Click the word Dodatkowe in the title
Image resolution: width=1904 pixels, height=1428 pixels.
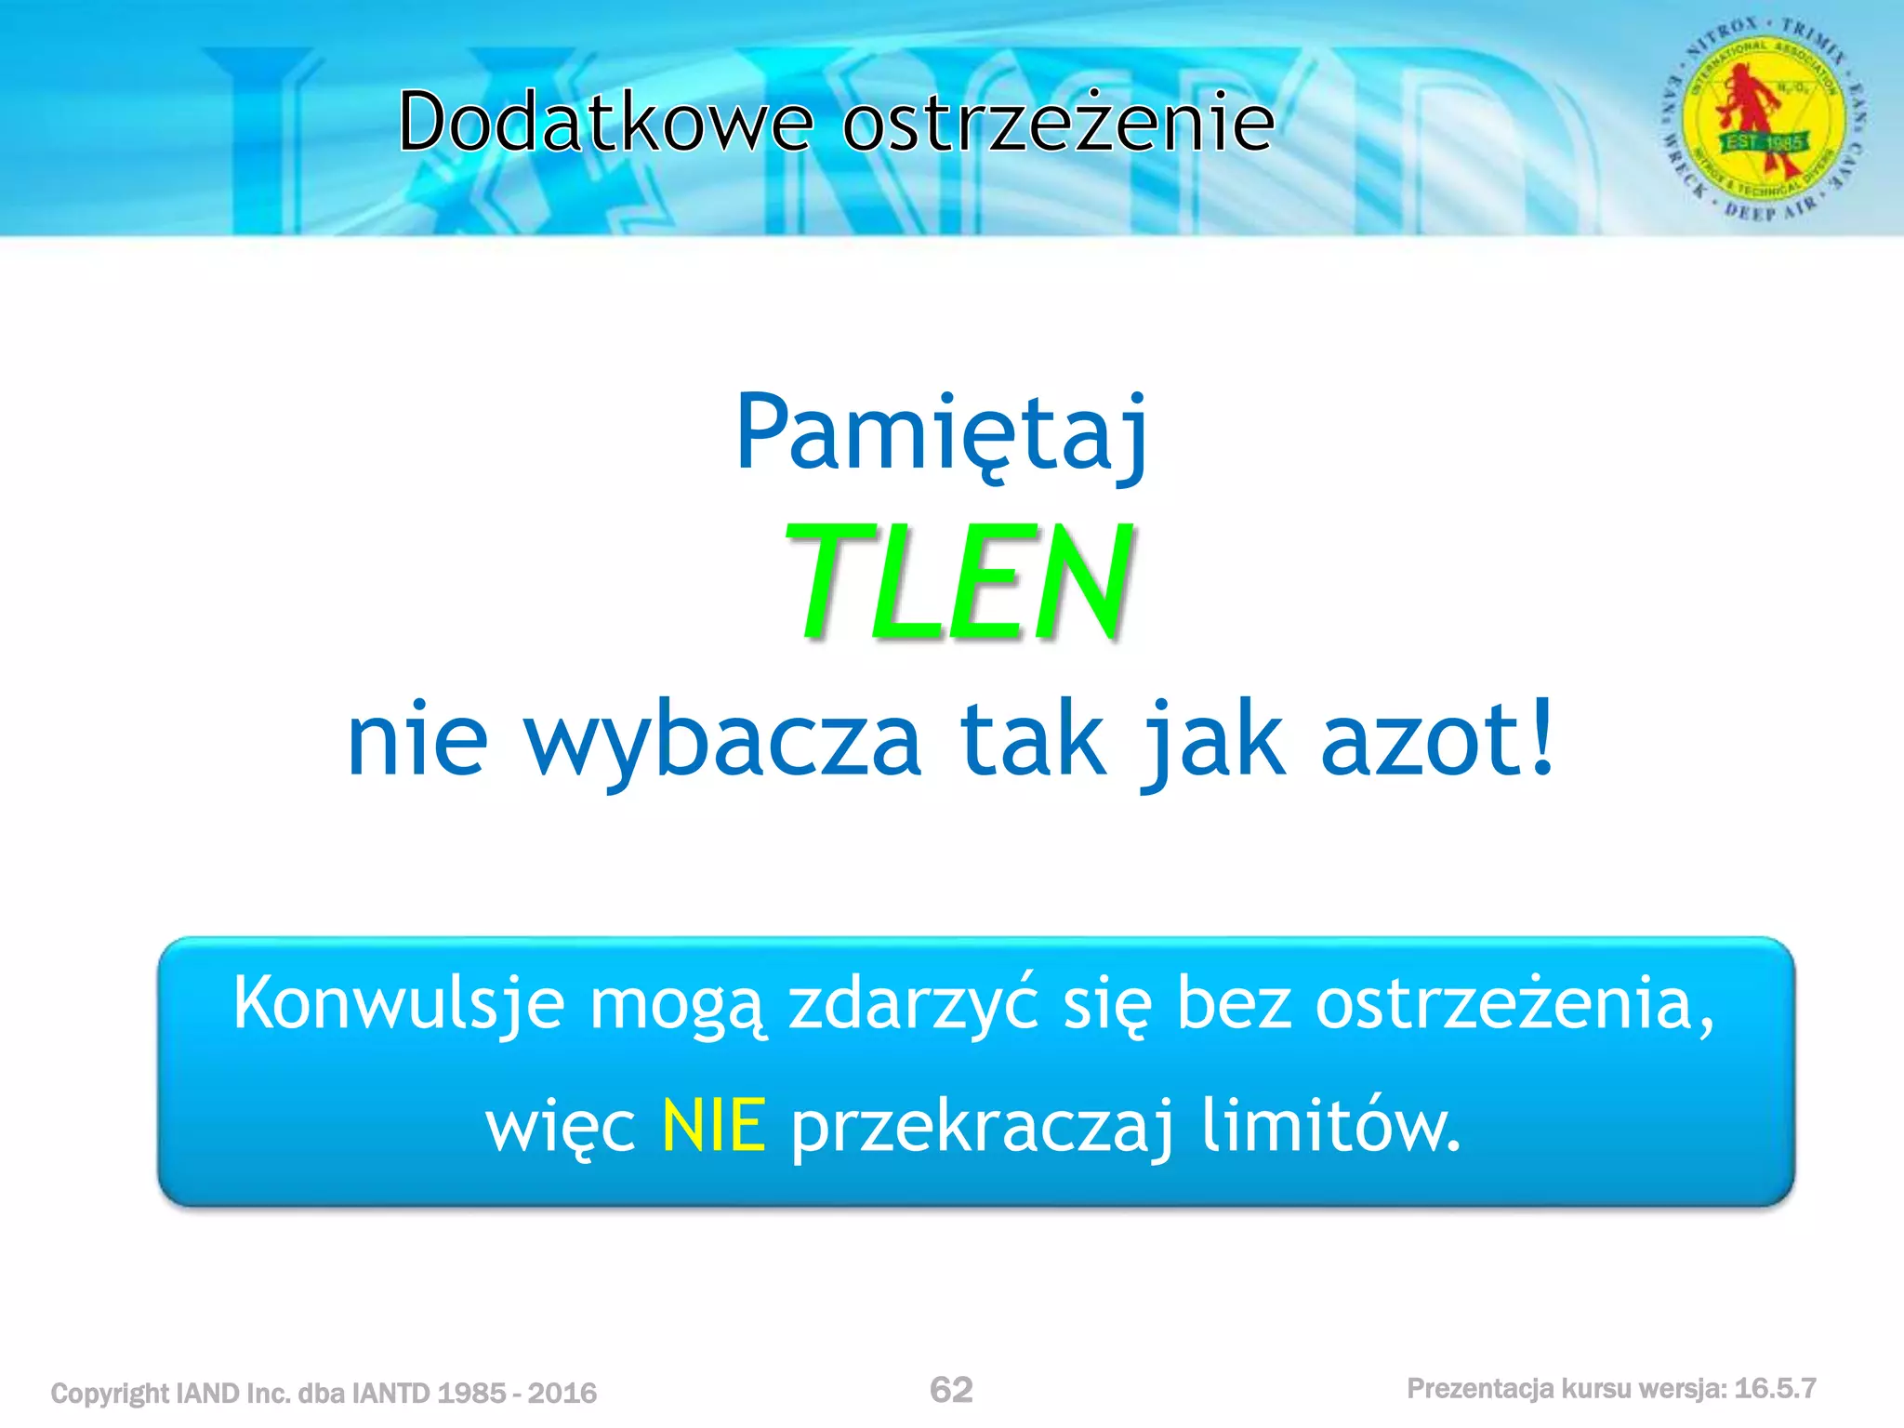tap(605, 122)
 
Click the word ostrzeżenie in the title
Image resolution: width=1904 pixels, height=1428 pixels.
tap(1058, 122)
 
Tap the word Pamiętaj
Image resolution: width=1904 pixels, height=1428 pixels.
tap(941, 433)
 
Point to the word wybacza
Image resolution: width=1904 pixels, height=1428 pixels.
tap(723, 740)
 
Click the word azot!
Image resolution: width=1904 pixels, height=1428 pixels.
tap(1437, 740)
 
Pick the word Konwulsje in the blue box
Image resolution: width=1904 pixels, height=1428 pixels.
tap(399, 1004)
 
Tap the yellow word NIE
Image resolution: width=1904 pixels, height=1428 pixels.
tap(713, 1126)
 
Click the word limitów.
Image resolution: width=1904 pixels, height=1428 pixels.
tap(1330, 1124)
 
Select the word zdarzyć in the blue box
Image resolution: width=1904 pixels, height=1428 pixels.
tap(913, 1004)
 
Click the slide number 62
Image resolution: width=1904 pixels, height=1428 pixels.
tap(951, 1390)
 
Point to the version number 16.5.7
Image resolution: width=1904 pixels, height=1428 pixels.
tap(1775, 1389)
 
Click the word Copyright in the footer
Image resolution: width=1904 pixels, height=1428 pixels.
tap(111, 1394)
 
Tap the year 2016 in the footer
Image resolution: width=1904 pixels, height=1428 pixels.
tap(562, 1393)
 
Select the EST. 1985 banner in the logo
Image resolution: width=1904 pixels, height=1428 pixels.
tap(1764, 142)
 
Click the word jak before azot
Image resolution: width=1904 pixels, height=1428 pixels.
tap(1213, 740)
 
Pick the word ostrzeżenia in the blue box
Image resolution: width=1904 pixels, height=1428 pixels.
tap(1514, 1004)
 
